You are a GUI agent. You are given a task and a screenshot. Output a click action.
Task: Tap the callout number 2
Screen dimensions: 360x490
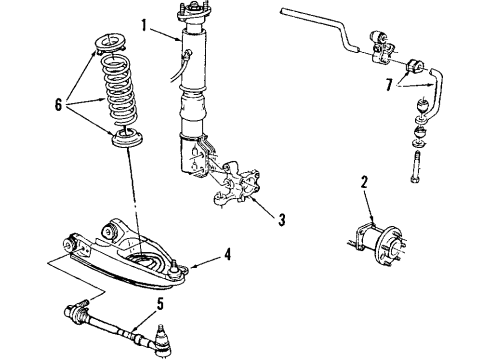(x=364, y=182)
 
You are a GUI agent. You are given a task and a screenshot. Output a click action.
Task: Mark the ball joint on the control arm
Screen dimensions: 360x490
(x=174, y=266)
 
